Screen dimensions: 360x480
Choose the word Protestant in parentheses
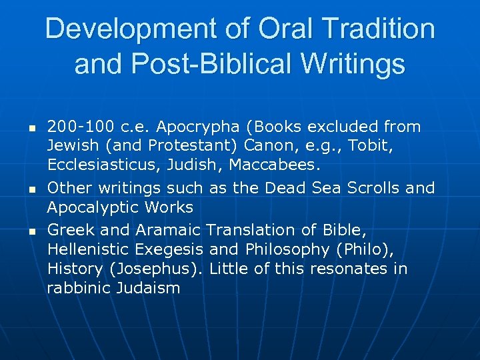(x=193, y=145)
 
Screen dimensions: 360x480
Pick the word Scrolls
(x=371, y=188)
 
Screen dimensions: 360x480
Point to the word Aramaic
(x=168, y=231)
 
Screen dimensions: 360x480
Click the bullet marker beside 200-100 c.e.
(x=31, y=127)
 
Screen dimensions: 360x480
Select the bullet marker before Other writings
(x=31, y=189)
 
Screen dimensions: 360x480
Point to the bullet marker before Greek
(x=31, y=231)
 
